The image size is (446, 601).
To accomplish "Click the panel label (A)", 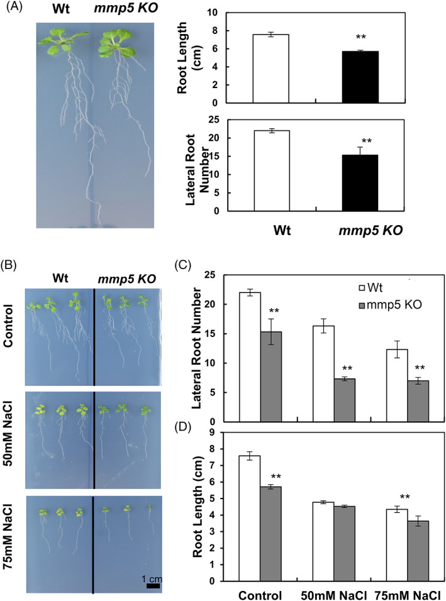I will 14,13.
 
